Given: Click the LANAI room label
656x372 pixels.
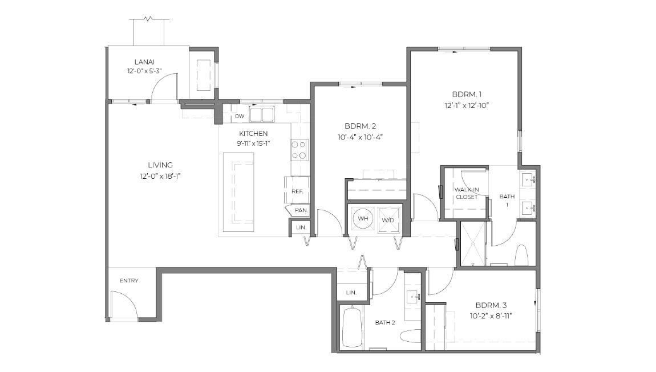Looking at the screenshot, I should (x=145, y=62).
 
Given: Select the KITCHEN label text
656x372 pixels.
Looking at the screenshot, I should (x=253, y=133).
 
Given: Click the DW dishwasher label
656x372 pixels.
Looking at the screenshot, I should (x=240, y=116).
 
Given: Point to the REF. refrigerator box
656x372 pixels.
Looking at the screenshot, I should (x=297, y=191).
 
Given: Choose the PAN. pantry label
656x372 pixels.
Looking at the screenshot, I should (x=301, y=210).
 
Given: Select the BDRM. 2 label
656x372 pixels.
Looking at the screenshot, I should (x=360, y=126).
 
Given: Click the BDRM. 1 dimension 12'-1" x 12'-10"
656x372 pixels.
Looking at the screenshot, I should (x=467, y=105).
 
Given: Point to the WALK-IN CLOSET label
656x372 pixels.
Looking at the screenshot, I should (x=466, y=193).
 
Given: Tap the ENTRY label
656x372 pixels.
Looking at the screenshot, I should (x=129, y=281).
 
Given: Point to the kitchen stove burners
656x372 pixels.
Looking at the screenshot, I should (x=299, y=149).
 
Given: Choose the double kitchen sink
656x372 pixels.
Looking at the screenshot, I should (x=261, y=114).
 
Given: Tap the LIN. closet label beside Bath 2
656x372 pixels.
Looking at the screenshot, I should (x=351, y=293).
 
